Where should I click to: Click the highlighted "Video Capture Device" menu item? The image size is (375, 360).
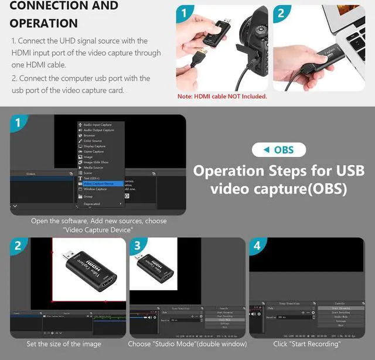pyautogui.click(x=98, y=183)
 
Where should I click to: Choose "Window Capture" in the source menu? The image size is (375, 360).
pyautogui.click(x=95, y=189)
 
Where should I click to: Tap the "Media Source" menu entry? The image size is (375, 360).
pyautogui.click(x=94, y=167)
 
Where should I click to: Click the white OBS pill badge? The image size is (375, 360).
pyautogui.click(x=280, y=150)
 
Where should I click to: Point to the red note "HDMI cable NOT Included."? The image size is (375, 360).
pyautogui.click(x=222, y=97)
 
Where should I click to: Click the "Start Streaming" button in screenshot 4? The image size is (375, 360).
pyautogui.click(x=339, y=307)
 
